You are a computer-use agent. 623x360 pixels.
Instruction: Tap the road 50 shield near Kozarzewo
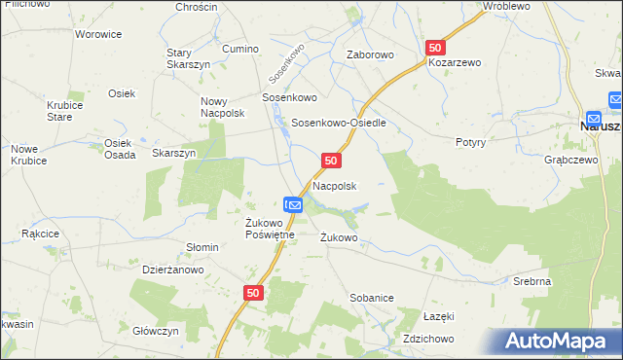[435, 47]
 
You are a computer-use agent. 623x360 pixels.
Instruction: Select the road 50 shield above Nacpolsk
[331, 160]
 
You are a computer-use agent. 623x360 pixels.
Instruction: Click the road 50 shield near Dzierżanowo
[253, 292]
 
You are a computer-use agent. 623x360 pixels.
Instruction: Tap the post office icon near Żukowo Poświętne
[295, 204]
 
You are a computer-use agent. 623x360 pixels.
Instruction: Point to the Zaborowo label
[370, 55]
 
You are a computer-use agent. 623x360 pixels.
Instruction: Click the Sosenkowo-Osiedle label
[340, 124]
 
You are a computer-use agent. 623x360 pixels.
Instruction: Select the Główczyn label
[156, 331]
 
